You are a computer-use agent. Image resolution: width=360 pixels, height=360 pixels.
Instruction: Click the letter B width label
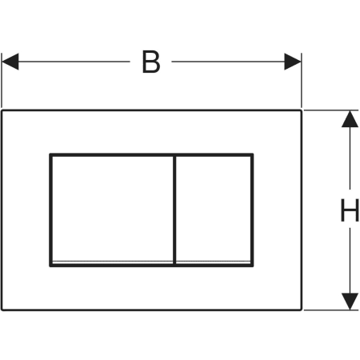pyautogui.click(x=151, y=62)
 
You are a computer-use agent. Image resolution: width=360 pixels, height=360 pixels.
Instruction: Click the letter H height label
pyautogui.click(x=350, y=210)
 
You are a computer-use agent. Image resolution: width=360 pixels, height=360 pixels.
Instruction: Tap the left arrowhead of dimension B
pyautogui.click(x=10, y=62)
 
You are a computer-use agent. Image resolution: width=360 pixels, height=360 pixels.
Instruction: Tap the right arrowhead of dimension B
pyautogui.click(x=293, y=62)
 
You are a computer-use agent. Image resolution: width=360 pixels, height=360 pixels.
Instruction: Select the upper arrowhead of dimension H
pyautogui.click(x=350, y=118)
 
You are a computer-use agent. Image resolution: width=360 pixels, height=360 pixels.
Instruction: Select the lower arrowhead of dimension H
pyautogui.click(x=350, y=302)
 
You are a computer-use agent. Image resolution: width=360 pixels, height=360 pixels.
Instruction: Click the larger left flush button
pyautogui.click(x=113, y=210)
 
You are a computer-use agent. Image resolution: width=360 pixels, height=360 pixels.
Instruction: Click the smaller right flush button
pyautogui.click(x=214, y=210)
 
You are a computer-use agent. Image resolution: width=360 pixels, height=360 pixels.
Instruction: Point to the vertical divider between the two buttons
pyautogui.click(x=174, y=210)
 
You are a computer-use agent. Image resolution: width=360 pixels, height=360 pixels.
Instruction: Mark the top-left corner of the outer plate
pyautogui.click(x=2, y=110)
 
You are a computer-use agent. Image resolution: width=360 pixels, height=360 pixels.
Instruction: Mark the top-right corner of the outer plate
pyautogui.click(x=302, y=110)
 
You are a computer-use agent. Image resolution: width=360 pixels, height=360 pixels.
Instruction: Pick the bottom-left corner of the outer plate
pyautogui.click(x=2, y=310)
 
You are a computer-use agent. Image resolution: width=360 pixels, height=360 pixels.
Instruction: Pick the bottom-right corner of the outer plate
pyautogui.click(x=302, y=310)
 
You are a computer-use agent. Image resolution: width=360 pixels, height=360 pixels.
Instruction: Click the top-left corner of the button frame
pyautogui.click(x=50, y=154)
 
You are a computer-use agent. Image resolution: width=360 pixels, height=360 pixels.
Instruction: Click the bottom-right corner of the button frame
pyautogui.click(x=252, y=266)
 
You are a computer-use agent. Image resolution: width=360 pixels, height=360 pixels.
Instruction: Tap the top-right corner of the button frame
pyautogui.click(x=252, y=154)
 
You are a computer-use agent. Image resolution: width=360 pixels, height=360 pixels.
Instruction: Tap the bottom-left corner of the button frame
pyautogui.click(x=50, y=266)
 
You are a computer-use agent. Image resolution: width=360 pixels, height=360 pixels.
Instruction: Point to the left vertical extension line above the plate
pyautogui.click(x=2, y=80)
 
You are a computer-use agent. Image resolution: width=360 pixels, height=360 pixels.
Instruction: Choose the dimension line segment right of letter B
pyautogui.click(x=228, y=62)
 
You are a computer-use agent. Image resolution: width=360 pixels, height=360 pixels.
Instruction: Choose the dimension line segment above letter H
pyautogui.click(x=350, y=158)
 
